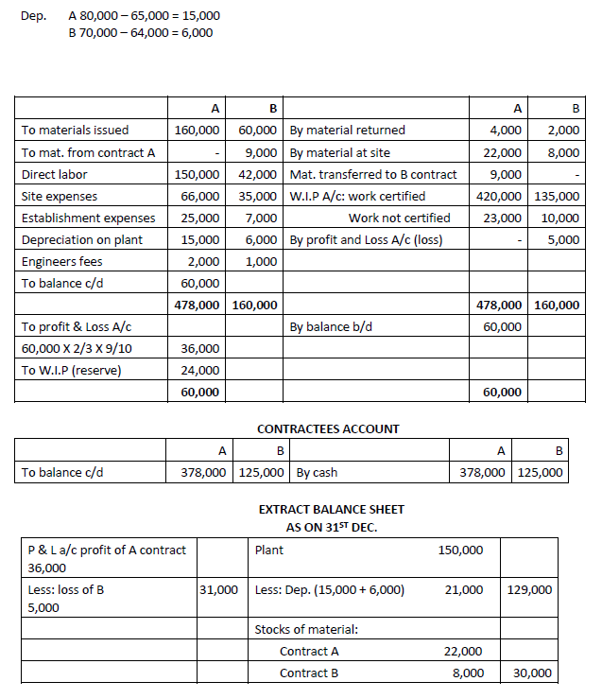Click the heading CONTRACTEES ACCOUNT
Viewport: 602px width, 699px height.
tap(328, 428)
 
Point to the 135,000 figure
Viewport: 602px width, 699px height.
tap(557, 196)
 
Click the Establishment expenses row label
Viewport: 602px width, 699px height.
tap(88, 218)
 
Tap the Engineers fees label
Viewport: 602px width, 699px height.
tap(61, 261)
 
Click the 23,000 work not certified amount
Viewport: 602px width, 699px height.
tap(506, 218)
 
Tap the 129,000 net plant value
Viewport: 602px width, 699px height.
tap(530, 589)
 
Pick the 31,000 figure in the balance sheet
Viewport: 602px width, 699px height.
tap(218, 589)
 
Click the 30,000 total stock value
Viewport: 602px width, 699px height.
tap(534, 673)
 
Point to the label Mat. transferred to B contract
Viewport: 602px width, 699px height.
tap(373, 174)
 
